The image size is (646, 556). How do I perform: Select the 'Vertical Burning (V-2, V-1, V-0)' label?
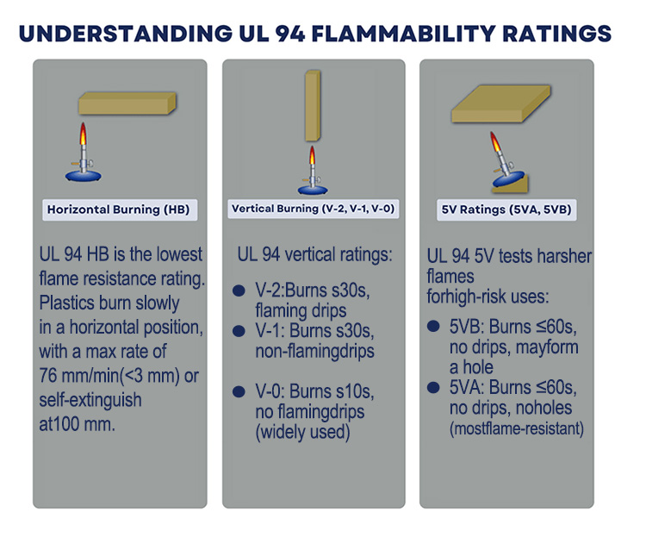tap(314, 209)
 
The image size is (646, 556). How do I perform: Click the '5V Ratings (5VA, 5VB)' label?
tap(506, 209)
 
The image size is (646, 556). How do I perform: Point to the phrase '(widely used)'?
tap(302, 432)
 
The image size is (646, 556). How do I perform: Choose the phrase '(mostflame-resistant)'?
tap(517, 428)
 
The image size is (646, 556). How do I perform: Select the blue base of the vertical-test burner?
tap(313, 186)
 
